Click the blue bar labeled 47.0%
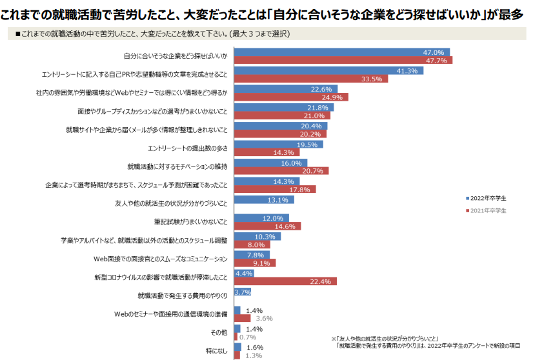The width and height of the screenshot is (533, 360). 341,52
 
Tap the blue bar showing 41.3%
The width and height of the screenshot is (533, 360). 328,70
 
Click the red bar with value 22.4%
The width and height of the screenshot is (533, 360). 285,281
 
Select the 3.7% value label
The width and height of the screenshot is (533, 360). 243,292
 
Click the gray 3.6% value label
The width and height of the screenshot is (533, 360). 265,318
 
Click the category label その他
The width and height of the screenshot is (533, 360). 220,333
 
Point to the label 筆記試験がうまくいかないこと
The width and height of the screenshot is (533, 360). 191,223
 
